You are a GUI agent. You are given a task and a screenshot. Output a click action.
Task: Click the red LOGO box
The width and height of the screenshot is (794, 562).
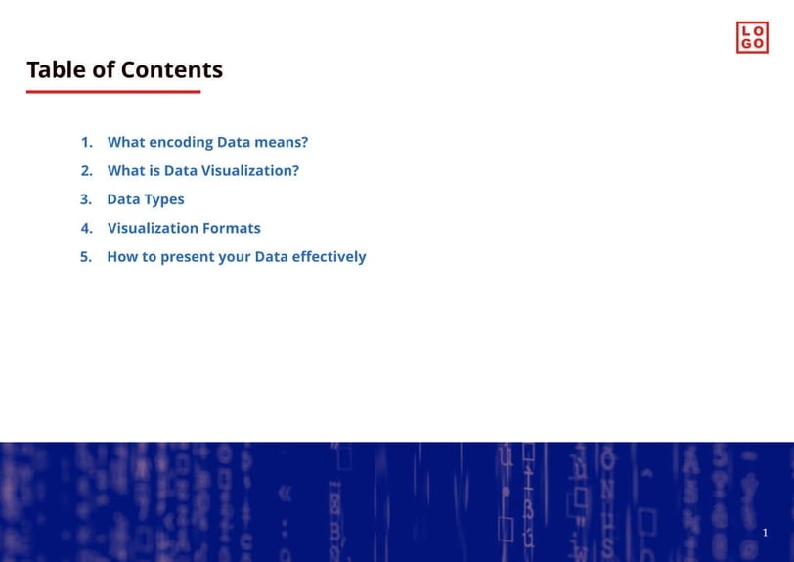752,37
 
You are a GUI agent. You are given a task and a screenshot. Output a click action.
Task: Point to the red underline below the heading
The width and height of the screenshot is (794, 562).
113,92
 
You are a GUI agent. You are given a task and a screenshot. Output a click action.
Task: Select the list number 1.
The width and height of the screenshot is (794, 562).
86,142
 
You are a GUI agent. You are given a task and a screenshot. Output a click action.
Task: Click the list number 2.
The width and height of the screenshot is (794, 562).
86,170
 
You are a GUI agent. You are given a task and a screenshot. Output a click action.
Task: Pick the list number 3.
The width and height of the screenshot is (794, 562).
86,199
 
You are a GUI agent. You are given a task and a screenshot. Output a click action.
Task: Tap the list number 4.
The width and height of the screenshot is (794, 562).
86,228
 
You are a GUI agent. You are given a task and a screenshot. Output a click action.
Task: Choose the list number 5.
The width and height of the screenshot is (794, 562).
86,257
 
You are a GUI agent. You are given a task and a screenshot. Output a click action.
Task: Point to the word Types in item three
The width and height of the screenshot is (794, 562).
164,200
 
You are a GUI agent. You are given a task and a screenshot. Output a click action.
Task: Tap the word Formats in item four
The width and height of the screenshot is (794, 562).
233,228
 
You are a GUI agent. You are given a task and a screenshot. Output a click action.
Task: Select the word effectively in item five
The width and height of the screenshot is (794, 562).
330,257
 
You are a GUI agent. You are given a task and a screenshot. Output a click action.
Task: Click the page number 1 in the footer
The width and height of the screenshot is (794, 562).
765,533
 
